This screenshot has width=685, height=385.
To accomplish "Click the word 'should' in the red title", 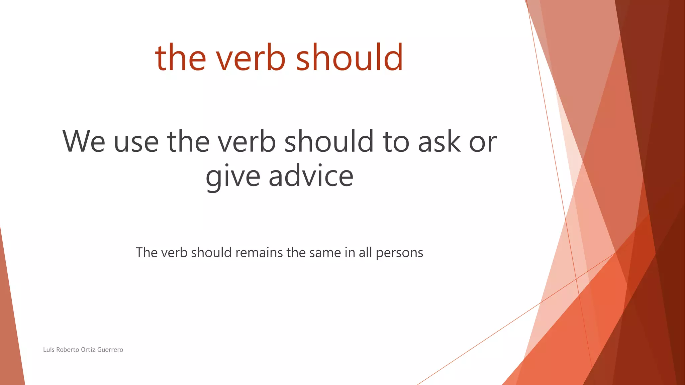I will click(x=349, y=57).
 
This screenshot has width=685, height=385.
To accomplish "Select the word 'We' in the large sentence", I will click(x=84, y=142).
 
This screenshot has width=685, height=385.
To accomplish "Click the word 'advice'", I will click(x=311, y=176).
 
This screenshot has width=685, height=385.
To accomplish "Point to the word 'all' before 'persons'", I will click(x=365, y=253).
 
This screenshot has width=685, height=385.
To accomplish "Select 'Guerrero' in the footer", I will click(x=110, y=350).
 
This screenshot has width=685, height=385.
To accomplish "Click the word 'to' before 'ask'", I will click(x=396, y=142).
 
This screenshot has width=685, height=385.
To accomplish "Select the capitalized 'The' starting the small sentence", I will click(x=146, y=253).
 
